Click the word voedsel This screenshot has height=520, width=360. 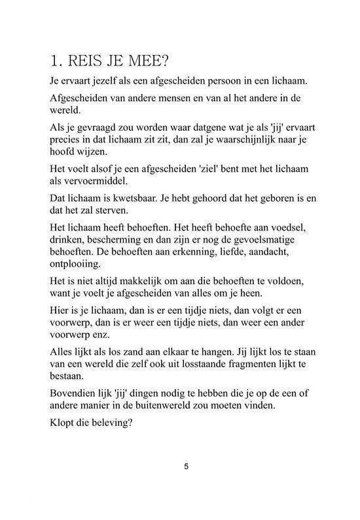tap(293, 228)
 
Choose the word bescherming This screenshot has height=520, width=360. tap(117, 240)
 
